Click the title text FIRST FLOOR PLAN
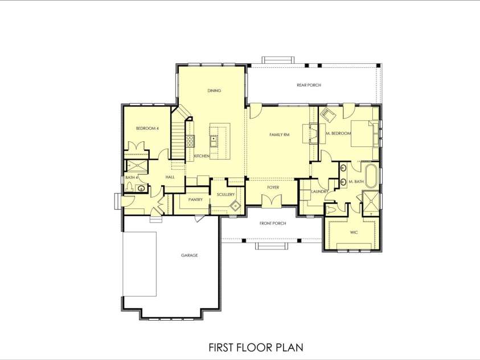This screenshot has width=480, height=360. click(255, 347)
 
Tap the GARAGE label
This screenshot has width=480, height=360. click(189, 255)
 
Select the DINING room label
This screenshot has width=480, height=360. click(214, 91)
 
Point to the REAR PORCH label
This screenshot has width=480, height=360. click(309, 85)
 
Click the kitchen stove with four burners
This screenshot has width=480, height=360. click(191, 141)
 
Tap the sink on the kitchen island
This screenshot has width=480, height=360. click(214, 138)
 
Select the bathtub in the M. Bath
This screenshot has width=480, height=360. click(371, 177)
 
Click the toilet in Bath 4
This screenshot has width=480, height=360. click(129, 187)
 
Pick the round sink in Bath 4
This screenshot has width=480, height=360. click(141, 188)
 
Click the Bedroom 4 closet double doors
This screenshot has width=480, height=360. click(137, 146)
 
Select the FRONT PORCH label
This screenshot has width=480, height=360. click(272, 223)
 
